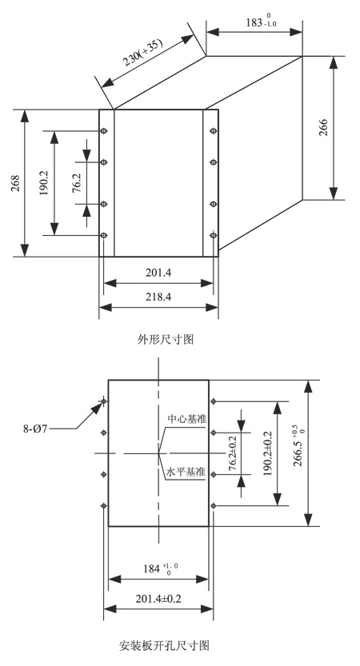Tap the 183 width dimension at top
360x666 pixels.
(x=261, y=22)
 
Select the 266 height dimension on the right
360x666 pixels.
(x=323, y=128)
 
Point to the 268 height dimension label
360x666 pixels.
(x=16, y=184)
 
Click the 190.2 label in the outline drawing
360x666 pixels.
(x=43, y=183)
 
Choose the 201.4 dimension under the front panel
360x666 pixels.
(x=158, y=273)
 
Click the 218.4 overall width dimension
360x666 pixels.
(x=158, y=297)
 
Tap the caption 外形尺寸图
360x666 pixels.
(x=166, y=339)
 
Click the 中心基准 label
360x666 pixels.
(x=187, y=419)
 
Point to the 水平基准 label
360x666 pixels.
(x=186, y=472)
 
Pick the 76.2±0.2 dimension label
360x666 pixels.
(x=233, y=453)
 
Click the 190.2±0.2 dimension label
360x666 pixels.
(x=267, y=453)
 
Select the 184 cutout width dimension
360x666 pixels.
(x=160, y=568)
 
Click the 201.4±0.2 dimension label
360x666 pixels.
(x=158, y=599)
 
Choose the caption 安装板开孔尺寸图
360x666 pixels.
(x=164, y=646)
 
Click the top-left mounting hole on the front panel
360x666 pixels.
(x=103, y=131)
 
